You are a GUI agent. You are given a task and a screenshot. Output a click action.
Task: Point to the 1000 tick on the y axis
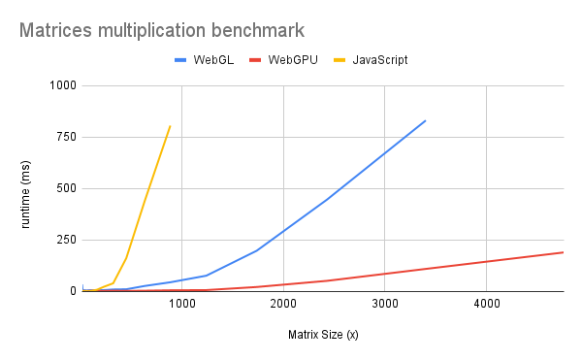tap(61, 85)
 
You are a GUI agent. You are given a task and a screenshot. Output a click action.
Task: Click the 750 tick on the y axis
tap(65, 137)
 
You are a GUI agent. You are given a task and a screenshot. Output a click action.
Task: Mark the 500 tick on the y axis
tap(65, 188)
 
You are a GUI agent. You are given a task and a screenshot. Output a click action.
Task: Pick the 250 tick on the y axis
tap(65, 240)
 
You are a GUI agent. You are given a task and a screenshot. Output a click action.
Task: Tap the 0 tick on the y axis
tap(71, 291)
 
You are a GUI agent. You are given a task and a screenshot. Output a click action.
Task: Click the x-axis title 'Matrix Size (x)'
tap(323, 336)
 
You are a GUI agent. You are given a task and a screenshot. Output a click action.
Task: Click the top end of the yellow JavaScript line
tap(170, 125)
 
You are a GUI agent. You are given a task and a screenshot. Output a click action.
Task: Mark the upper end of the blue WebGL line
tap(425, 120)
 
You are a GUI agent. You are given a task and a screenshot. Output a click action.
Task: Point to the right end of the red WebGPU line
tap(564, 252)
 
